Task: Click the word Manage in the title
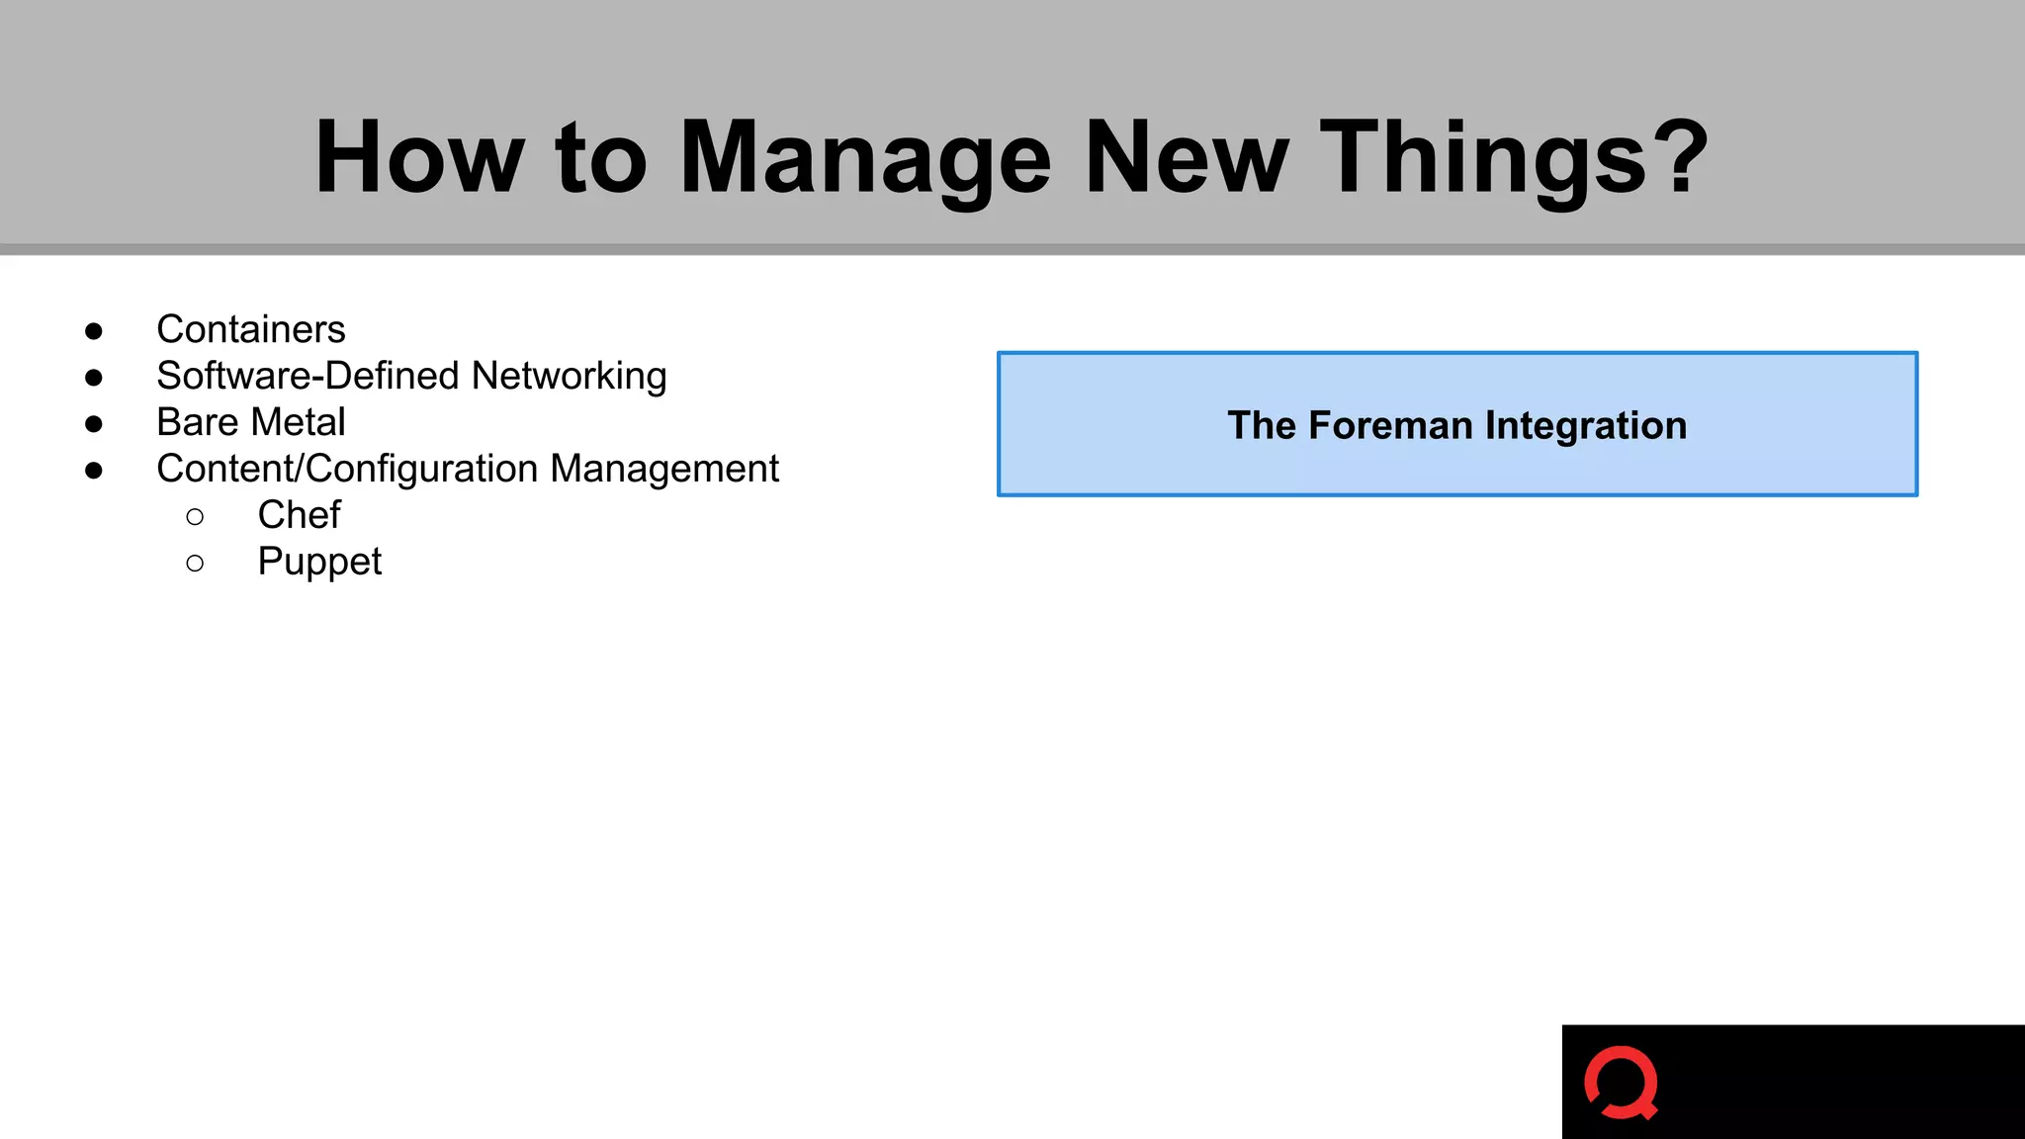[x=865, y=158]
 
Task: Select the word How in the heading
[x=419, y=158]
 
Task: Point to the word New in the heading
[x=1187, y=158]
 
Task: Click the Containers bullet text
[x=251, y=329]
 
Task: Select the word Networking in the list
[x=569, y=377]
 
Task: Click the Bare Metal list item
[x=251, y=422]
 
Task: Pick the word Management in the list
[x=664, y=469]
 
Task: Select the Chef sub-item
[x=299, y=515]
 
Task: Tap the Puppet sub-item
[x=319, y=562]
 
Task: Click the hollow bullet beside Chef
[x=195, y=517]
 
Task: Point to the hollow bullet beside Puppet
[x=195, y=564]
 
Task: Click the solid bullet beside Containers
[x=94, y=331]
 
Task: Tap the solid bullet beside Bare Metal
[x=94, y=424]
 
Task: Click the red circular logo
[x=1621, y=1083]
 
